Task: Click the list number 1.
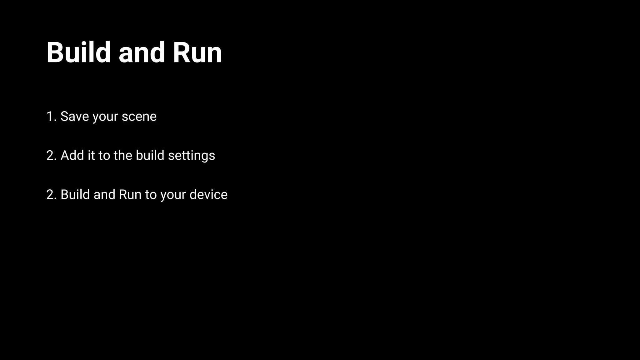(x=50, y=116)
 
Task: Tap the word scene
(x=139, y=117)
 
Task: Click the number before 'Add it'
(x=50, y=155)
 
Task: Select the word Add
(x=72, y=155)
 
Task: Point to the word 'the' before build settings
(x=123, y=155)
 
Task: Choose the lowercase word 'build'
(x=150, y=155)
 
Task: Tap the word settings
(x=192, y=156)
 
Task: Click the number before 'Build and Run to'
(x=50, y=194)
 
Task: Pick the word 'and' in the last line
(x=104, y=194)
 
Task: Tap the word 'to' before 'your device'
(x=151, y=195)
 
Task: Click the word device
(x=208, y=194)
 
